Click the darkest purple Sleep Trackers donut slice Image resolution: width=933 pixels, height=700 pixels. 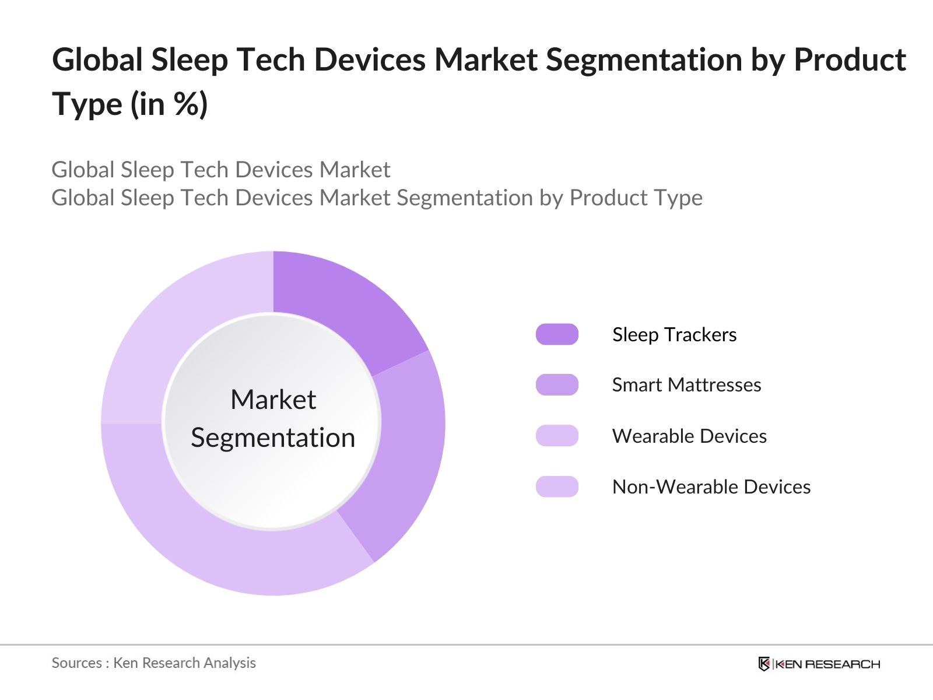point(344,309)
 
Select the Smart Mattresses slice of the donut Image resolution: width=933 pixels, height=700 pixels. point(402,455)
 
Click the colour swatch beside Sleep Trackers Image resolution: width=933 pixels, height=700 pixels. point(557,334)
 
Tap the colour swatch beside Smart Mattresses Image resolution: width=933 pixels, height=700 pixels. point(557,385)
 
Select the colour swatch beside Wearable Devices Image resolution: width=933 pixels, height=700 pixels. point(557,436)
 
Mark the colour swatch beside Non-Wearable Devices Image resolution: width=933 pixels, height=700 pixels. point(557,487)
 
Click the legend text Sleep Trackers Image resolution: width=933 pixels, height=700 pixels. point(674,335)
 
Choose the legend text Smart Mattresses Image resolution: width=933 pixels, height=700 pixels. point(686,385)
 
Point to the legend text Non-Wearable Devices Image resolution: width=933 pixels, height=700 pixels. point(711,487)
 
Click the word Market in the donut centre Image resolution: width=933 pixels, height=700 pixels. point(273,400)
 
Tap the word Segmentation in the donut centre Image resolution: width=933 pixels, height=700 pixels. point(273,437)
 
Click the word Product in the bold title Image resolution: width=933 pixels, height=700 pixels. point(850,60)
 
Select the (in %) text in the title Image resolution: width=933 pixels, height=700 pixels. point(169,105)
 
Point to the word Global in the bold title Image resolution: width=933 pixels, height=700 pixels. point(97,60)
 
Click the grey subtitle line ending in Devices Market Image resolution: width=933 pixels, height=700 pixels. point(220,170)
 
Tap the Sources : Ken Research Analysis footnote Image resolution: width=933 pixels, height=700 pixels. point(153,663)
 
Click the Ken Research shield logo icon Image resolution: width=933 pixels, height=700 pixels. point(764,664)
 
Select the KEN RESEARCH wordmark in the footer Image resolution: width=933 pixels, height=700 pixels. point(827,664)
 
